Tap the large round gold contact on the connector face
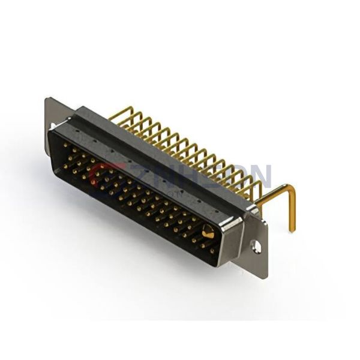tap(208, 232)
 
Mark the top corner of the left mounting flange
tap(48, 99)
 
